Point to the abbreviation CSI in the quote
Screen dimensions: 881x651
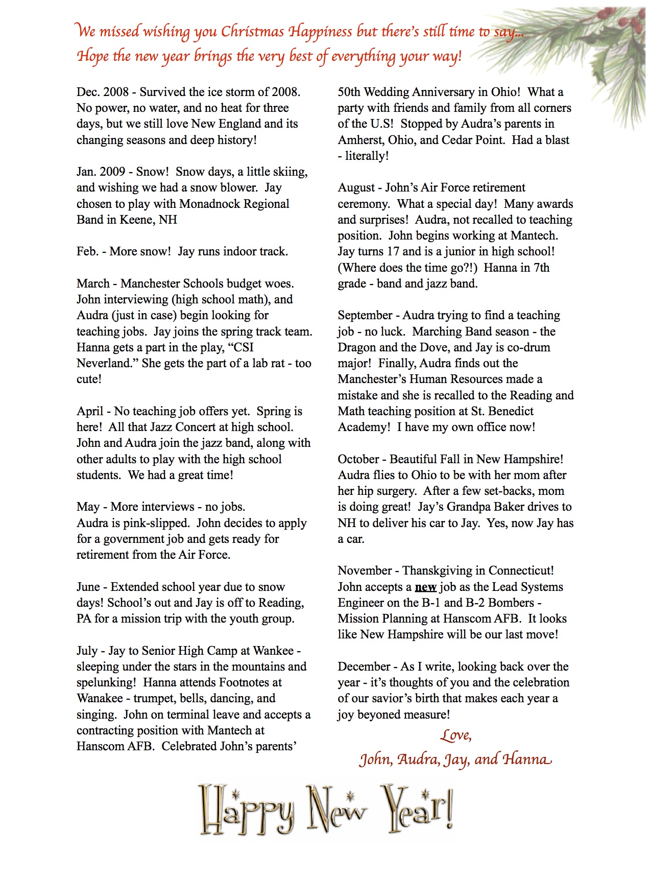click(x=243, y=347)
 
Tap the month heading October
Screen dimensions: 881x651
click(x=358, y=459)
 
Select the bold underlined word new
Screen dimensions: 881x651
click(x=425, y=587)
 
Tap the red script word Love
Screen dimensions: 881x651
click(x=455, y=735)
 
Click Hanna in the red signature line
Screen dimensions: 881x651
click(x=527, y=759)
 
